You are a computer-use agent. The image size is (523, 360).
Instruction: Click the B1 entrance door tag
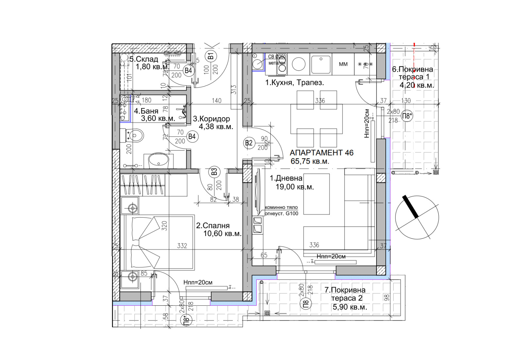[x=211, y=56]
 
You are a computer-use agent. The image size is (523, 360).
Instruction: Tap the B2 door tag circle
[x=249, y=143]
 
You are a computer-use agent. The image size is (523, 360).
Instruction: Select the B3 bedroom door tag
[x=214, y=172]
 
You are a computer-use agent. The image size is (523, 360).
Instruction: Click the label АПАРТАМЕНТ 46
[x=321, y=153]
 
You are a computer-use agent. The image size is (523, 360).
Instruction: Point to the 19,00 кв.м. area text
[x=295, y=187]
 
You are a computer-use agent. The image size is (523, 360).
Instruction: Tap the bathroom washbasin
[x=159, y=160]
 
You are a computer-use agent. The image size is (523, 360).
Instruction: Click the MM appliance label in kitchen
[x=343, y=64]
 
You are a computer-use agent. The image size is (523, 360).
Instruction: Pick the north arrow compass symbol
[x=417, y=217]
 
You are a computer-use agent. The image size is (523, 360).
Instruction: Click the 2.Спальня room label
[x=213, y=225]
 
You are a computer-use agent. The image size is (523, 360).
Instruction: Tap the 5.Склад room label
[x=144, y=59]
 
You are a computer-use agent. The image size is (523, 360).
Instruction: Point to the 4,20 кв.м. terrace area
[x=416, y=85]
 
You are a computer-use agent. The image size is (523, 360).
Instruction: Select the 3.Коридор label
[x=211, y=119]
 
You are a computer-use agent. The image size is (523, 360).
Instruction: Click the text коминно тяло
[x=281, y=207]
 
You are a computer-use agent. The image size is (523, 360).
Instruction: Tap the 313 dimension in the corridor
[x=233, y=90]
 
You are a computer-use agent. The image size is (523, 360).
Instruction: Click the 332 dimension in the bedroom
[x=182, y=246]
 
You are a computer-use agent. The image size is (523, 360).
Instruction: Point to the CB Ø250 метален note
[x=277, y=59]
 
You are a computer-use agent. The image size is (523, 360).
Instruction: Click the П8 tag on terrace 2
[x=306, y=304]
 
